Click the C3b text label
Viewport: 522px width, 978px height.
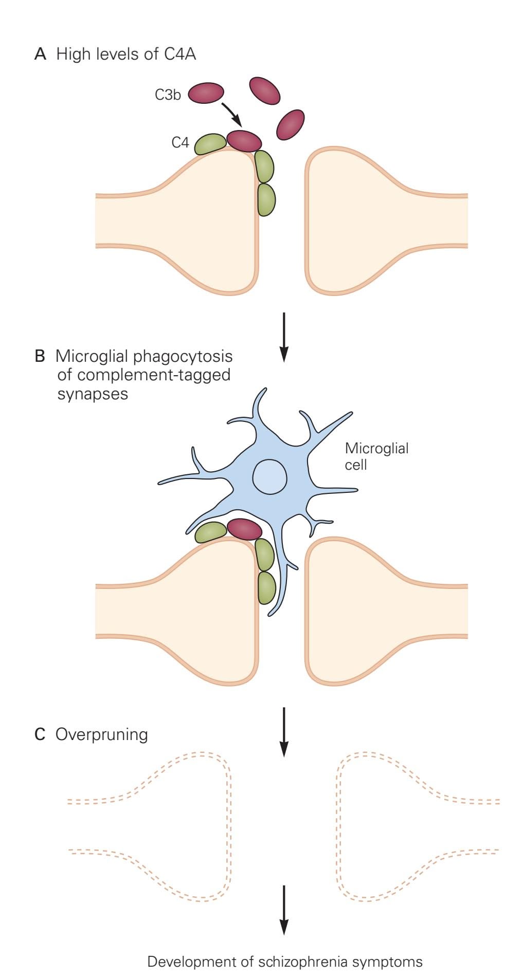coord(168,95)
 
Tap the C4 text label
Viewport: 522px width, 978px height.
coord(180,142)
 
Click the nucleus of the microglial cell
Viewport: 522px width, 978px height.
coord(269,476)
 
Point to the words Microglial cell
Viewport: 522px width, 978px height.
coord(376,456)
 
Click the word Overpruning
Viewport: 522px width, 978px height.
coord(101,734)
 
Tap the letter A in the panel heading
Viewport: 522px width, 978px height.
coord(40,54)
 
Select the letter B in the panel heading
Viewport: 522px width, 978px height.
coord(40,356)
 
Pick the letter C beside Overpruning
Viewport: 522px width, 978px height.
coord(40,734)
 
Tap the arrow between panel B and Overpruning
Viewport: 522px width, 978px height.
coord(283,731)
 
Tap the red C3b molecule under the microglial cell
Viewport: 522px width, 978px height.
coord(244,529)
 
